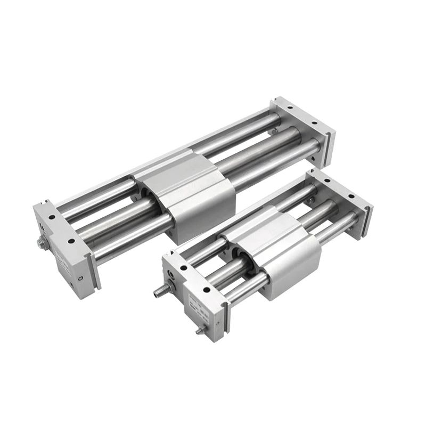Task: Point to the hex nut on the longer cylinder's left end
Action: pyautogui.click(x=40, y=243)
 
